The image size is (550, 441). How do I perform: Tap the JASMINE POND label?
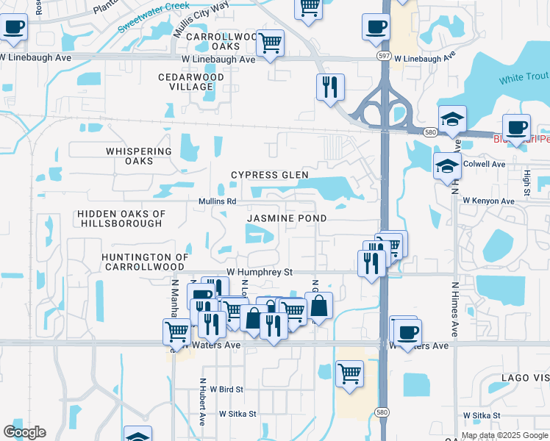coord(286,218)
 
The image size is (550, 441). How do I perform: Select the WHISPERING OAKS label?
coord(139,156)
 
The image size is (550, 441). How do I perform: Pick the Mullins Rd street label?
coord(217,201)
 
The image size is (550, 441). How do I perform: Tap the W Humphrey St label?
coord(259,272)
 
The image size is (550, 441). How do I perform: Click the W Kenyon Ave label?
coord(488,201)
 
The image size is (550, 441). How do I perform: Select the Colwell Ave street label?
coord(485,164)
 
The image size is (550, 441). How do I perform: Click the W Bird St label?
coord(226,388)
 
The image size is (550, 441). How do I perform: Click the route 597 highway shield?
coord(383,55)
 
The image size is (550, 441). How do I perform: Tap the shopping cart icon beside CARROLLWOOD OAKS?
coord(270,43)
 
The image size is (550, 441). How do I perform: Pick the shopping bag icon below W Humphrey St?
coord(318,305)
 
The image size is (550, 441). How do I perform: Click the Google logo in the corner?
coord(24,432)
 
